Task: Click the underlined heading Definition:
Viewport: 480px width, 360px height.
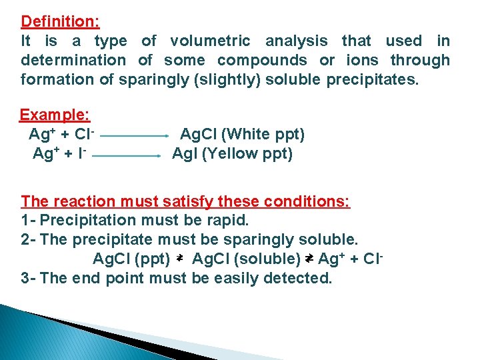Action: click(60, 21)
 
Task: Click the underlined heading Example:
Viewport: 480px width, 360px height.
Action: click(55, 115)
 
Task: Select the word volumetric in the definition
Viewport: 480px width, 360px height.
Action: click(210, 41)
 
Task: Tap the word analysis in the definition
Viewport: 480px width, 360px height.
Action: click(297, 41)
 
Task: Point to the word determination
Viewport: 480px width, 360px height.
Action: click(73, 60)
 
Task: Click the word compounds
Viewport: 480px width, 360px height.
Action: click(262, 60)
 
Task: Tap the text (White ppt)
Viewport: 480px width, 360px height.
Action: click(263, 135)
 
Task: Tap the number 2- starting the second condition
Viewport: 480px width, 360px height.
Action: click(29, 239)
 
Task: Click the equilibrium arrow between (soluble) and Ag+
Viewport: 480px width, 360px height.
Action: click(309, 258)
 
